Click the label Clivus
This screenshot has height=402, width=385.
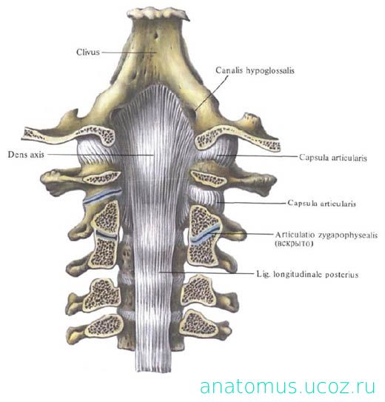tap(88, 52)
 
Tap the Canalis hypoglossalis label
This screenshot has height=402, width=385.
tap(255, 70)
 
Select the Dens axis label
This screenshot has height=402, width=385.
tap(26, 154)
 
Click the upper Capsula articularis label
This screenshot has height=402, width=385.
tap(332, 158)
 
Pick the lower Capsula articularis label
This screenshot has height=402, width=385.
tap(321, 204)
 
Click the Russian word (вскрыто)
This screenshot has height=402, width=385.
tap(294, 244)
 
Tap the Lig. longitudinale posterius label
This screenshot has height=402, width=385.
tap(307, 275)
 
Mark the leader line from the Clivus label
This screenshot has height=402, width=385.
tap(129, 53)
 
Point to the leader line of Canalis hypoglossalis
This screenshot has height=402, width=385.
tap(211, 93)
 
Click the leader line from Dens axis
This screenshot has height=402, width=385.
tap(101, 155)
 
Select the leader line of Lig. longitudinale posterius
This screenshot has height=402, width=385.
tap(207, 272)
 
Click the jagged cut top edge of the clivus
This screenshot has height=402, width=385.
tap(158, 13)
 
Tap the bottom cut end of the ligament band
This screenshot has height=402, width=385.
tap(153, 370)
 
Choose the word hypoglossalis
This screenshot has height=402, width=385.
tap(270, 70)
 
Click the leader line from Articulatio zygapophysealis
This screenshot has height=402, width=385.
tap(241, 233)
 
